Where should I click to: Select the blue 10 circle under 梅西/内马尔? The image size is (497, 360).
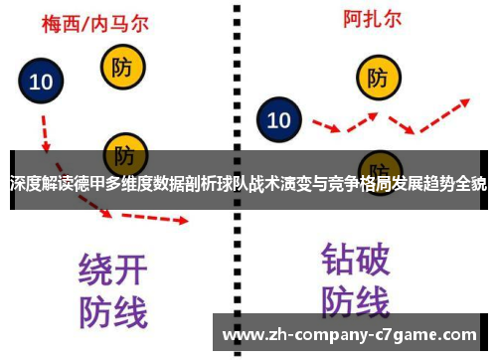point(42,84)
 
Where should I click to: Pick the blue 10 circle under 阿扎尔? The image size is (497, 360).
point(279,120)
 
